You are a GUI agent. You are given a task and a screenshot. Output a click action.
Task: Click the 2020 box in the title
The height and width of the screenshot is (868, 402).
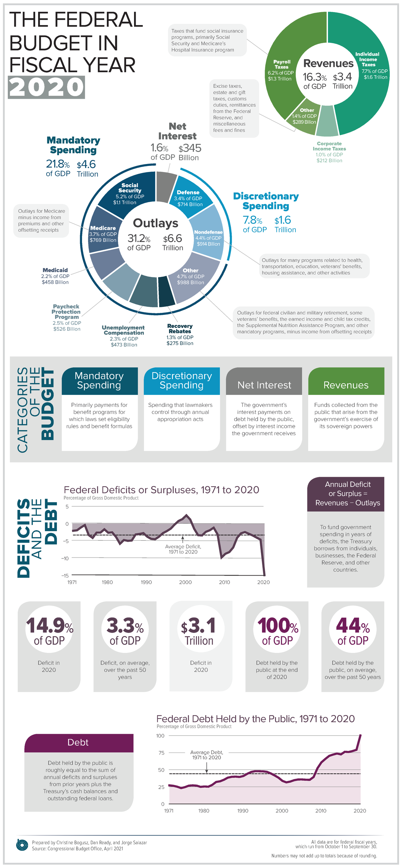click(46, 87)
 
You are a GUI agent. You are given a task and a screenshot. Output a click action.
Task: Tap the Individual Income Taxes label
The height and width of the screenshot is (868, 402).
click(367, 59)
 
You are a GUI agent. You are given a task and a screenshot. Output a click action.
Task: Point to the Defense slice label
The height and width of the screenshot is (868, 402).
click(188, 192)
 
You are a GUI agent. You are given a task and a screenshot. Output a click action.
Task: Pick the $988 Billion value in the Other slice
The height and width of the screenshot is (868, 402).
click(190, 282)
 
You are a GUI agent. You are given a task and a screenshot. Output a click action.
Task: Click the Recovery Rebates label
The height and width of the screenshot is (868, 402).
click(180, 329)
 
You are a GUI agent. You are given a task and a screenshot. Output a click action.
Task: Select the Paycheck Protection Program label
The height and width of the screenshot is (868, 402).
click(66, 312)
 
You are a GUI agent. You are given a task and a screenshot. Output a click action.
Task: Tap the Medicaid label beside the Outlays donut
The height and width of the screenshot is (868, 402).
click(55, 270)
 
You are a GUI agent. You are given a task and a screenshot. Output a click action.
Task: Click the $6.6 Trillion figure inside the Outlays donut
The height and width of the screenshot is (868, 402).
click(173, 242)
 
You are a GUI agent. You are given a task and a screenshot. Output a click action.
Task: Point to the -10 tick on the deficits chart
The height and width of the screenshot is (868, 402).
click(65, 558)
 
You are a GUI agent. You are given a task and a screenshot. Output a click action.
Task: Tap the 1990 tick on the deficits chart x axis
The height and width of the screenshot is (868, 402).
click(146, 582)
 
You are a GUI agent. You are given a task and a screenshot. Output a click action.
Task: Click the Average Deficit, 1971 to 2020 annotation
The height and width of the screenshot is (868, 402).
click(183, 549)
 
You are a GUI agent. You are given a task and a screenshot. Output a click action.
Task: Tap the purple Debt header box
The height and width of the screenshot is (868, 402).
click(79, 743)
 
